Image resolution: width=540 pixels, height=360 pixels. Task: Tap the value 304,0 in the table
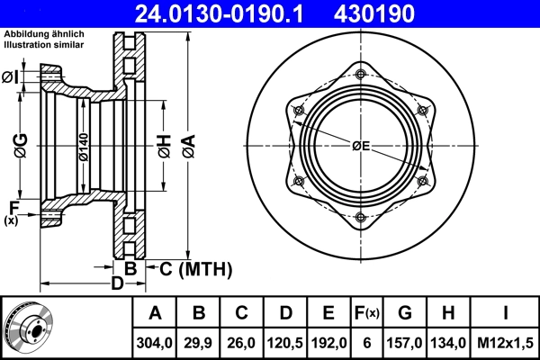click(155, 341)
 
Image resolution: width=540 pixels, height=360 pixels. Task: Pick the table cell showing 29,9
click(200, 341)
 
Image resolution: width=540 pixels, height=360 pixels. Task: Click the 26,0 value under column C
click(242, 341)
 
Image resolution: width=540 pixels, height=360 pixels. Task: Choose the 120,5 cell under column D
click(284, 341)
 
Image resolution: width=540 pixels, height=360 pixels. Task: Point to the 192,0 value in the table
click(328, 341)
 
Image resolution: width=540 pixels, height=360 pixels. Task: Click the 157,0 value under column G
click(405, 341)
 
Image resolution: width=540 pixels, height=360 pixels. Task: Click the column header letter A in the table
click(155, 313)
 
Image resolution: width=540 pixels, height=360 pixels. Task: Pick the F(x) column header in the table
click(366, 313)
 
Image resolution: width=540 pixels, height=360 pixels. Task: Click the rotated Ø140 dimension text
click(83, 146)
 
